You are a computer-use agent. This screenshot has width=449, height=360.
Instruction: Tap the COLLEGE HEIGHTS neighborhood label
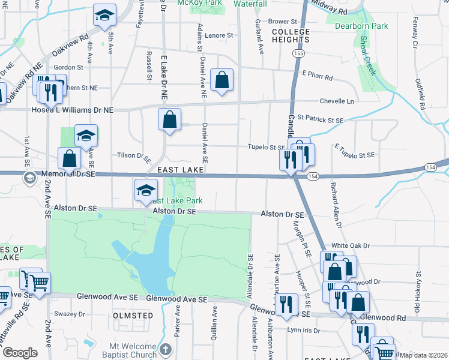[x=291, y=35]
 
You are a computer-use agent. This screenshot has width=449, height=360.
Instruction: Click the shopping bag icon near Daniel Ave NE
[x=221, y=79]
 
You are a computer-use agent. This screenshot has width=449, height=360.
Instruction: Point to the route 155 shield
[x=298, y=54]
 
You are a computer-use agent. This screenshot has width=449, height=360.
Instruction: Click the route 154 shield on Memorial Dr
[x=312, y=176]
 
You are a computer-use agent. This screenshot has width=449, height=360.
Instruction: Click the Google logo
[x=20, y=353]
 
